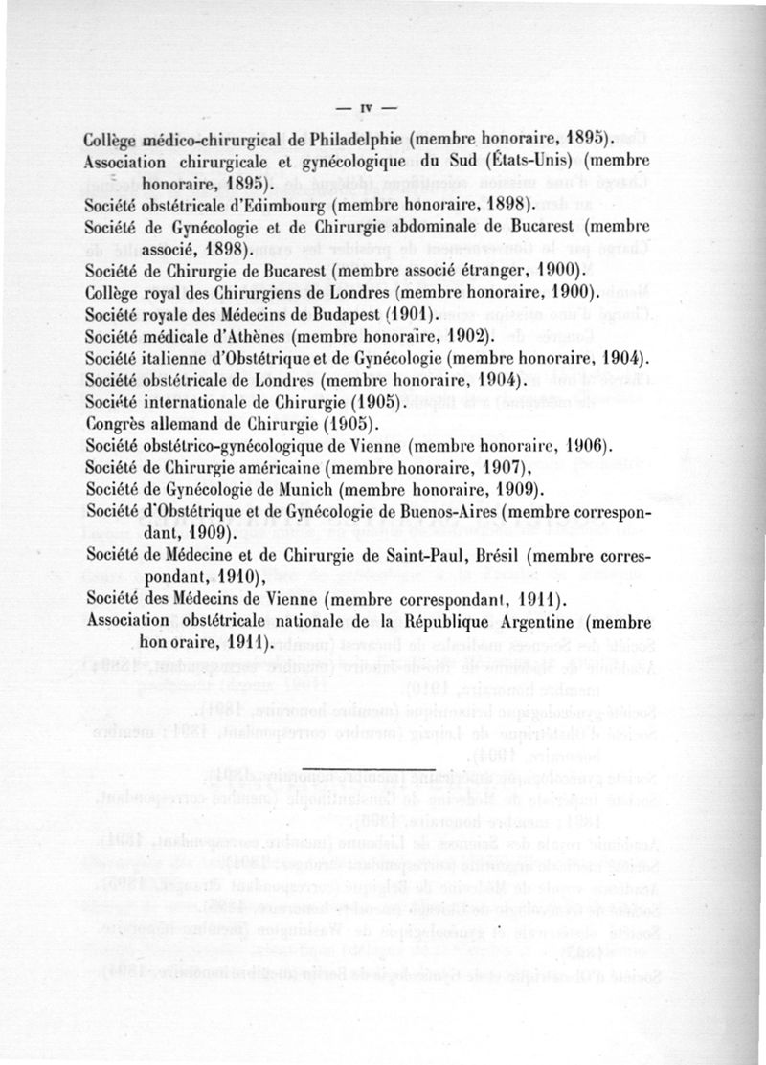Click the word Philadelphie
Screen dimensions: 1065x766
[357, 136]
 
